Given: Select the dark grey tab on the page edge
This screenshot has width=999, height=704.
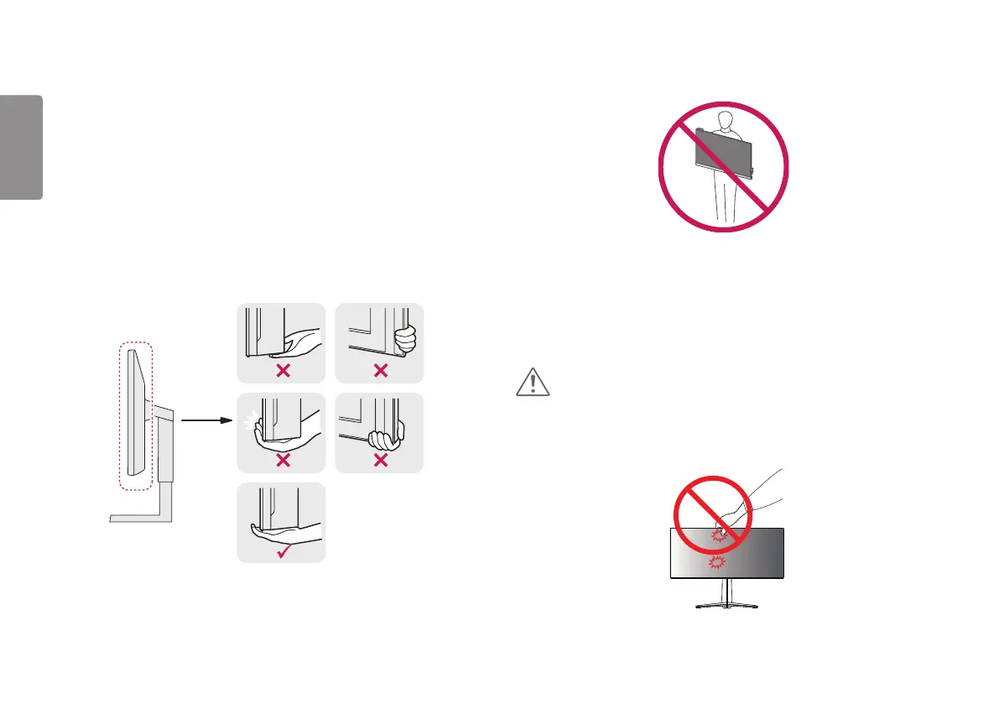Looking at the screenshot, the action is coord(21,148).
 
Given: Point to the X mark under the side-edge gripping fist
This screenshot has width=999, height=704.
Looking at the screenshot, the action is coord(380,371).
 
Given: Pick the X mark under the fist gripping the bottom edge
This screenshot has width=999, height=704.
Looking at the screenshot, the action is coord(380,459).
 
